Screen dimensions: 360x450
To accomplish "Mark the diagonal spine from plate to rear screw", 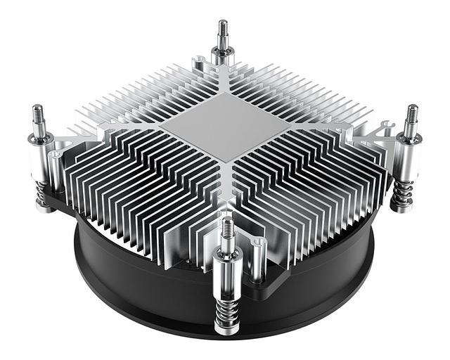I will (223, 88).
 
